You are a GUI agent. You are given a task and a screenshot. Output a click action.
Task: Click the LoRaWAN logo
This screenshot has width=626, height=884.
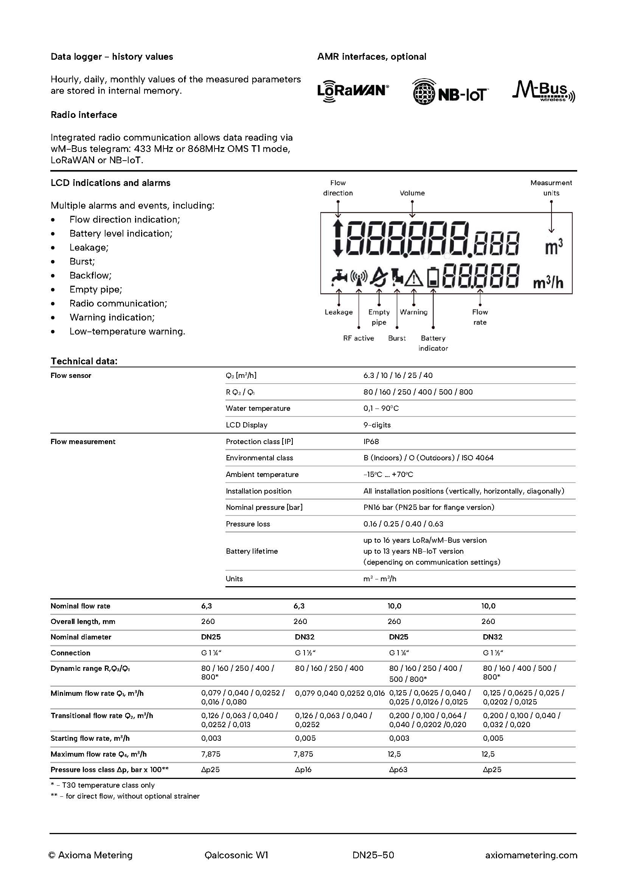[x=353, y=91]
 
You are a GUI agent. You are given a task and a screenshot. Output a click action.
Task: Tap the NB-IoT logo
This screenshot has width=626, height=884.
[x=449, y=92]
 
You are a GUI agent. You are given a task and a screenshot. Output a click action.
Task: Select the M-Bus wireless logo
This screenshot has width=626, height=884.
[x=543, y=92]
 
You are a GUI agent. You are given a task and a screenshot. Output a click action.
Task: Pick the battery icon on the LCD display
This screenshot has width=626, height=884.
[x=433, y=277]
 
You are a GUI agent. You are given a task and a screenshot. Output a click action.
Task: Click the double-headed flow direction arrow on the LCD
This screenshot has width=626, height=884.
[x=338, y=239]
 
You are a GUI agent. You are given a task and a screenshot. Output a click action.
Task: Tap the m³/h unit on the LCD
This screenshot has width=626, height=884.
[x=548, y=283]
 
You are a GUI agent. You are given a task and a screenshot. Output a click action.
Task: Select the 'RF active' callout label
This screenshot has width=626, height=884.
[x=359, y=338]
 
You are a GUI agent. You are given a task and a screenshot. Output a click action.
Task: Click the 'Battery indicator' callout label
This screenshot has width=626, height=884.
[x=433, y=343]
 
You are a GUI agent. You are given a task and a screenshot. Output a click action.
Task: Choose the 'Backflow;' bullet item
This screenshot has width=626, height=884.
[x=90, y=276]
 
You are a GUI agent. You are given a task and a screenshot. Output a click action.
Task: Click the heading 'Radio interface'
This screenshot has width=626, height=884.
[x=84, y=115]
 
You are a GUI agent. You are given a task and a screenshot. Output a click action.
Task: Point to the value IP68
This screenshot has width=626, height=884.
[x=371, y=441]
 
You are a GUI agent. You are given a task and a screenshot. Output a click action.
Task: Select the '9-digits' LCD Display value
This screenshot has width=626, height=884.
[x=377, y=425]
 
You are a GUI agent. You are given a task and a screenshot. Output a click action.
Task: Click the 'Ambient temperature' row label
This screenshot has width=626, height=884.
[x=262, y=475]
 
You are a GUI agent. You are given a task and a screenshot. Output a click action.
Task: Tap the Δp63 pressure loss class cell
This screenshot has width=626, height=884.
[x=398, y=769]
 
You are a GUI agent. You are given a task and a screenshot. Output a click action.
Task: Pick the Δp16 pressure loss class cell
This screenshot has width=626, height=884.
[x=303, y=769]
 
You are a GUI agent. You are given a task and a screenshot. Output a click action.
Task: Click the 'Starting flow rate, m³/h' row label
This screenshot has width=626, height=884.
[x=90, y=738]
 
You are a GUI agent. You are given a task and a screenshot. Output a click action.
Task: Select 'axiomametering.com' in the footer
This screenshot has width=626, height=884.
[x=531, y=855]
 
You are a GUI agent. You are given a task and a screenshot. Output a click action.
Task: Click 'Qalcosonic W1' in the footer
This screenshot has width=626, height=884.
[x=236, y=855]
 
